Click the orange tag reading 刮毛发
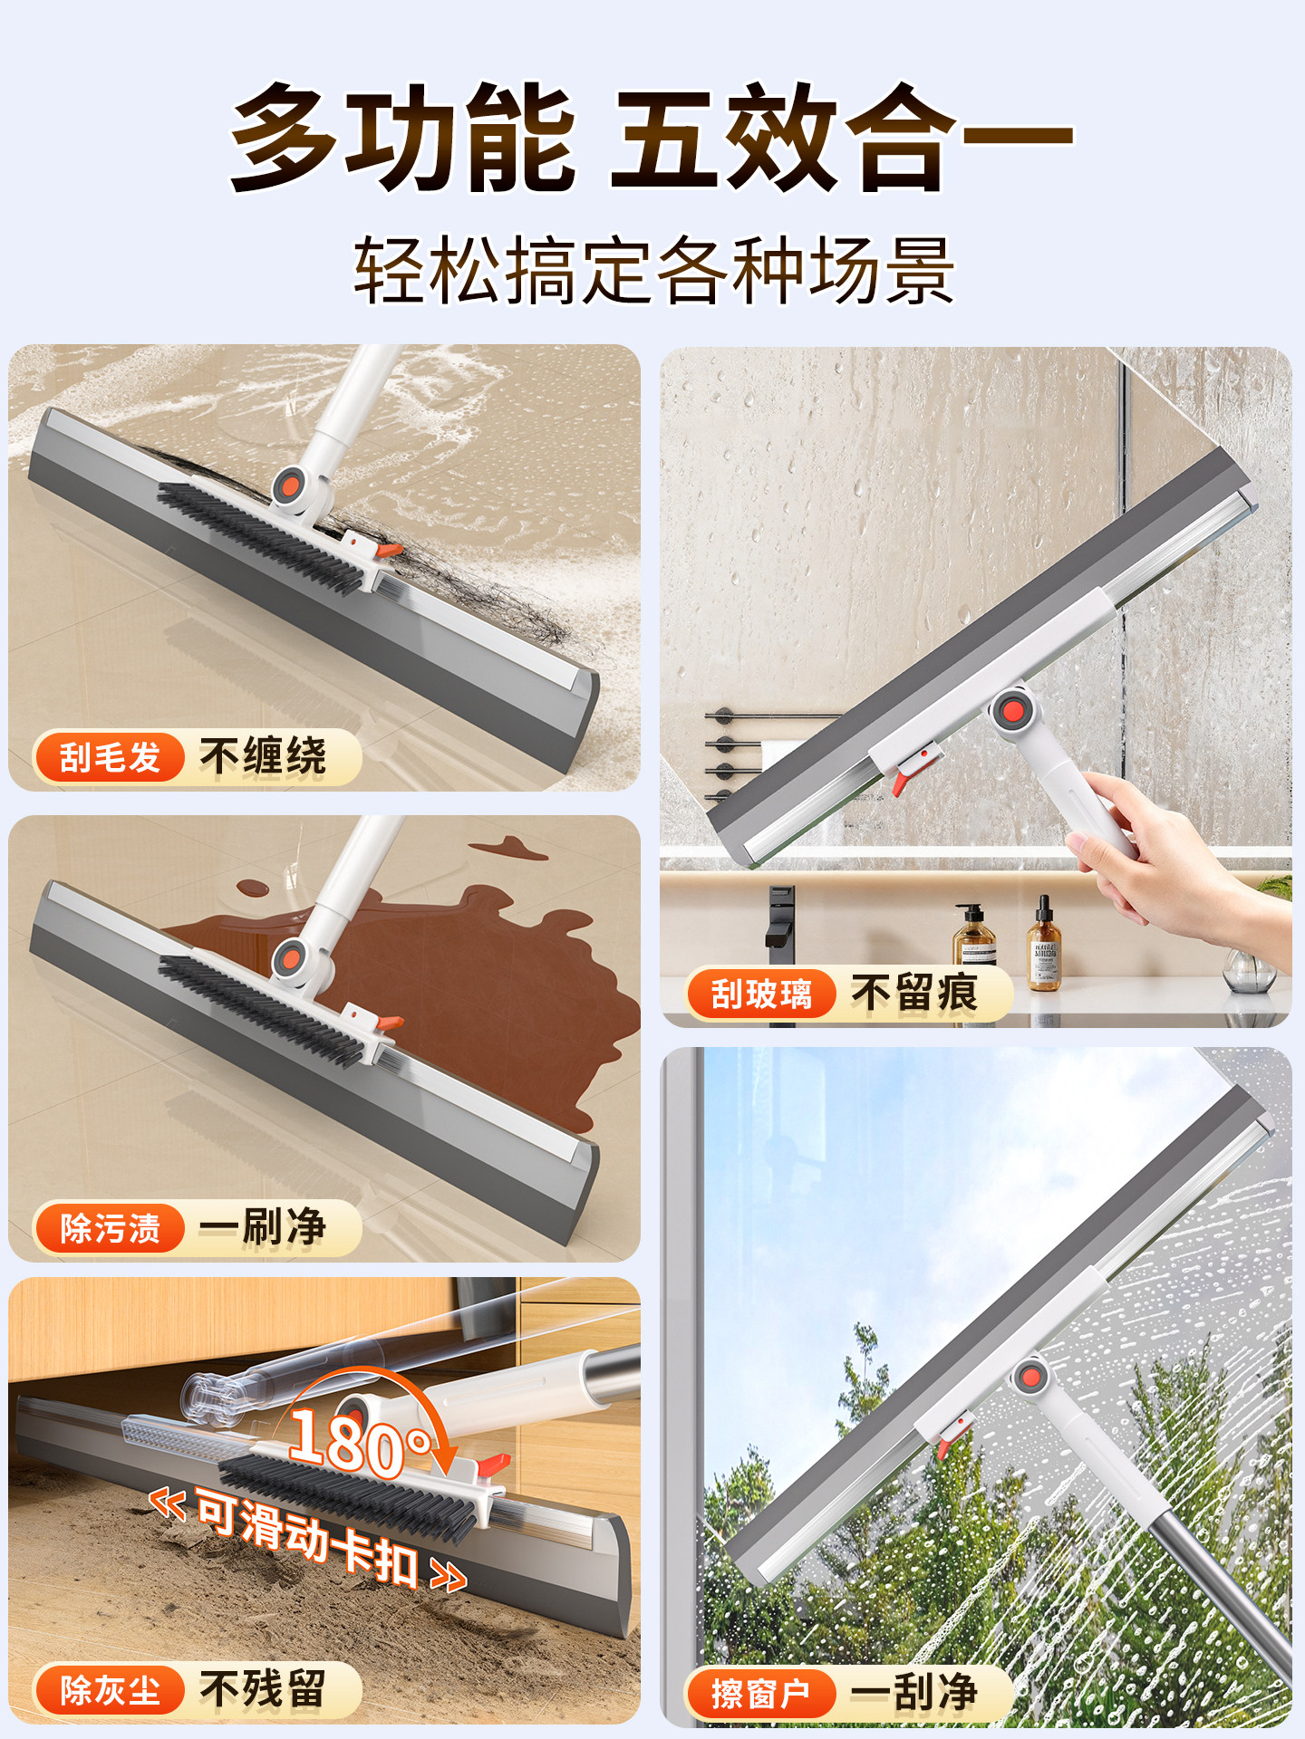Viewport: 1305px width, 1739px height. click(x=110, y=756)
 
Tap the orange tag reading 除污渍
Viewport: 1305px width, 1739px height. click(x=110, y=1228)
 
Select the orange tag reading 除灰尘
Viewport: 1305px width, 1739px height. click(x=110, y=1690)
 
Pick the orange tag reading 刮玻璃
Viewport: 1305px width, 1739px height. click(x=761, y=994)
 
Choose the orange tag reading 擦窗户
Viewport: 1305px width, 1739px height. click(x=761, y=1693)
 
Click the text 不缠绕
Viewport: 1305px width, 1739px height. click(x=263, y=756)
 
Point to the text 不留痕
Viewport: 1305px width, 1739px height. click(x=914, y=994)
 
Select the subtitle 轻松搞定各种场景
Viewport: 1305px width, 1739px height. click(x=653, y=270)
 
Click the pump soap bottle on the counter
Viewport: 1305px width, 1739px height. click(x=974, y=937)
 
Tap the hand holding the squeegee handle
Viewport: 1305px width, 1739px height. click(x=1178, y=860)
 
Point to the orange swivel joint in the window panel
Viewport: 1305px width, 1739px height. click(x=1030, y=1378)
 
